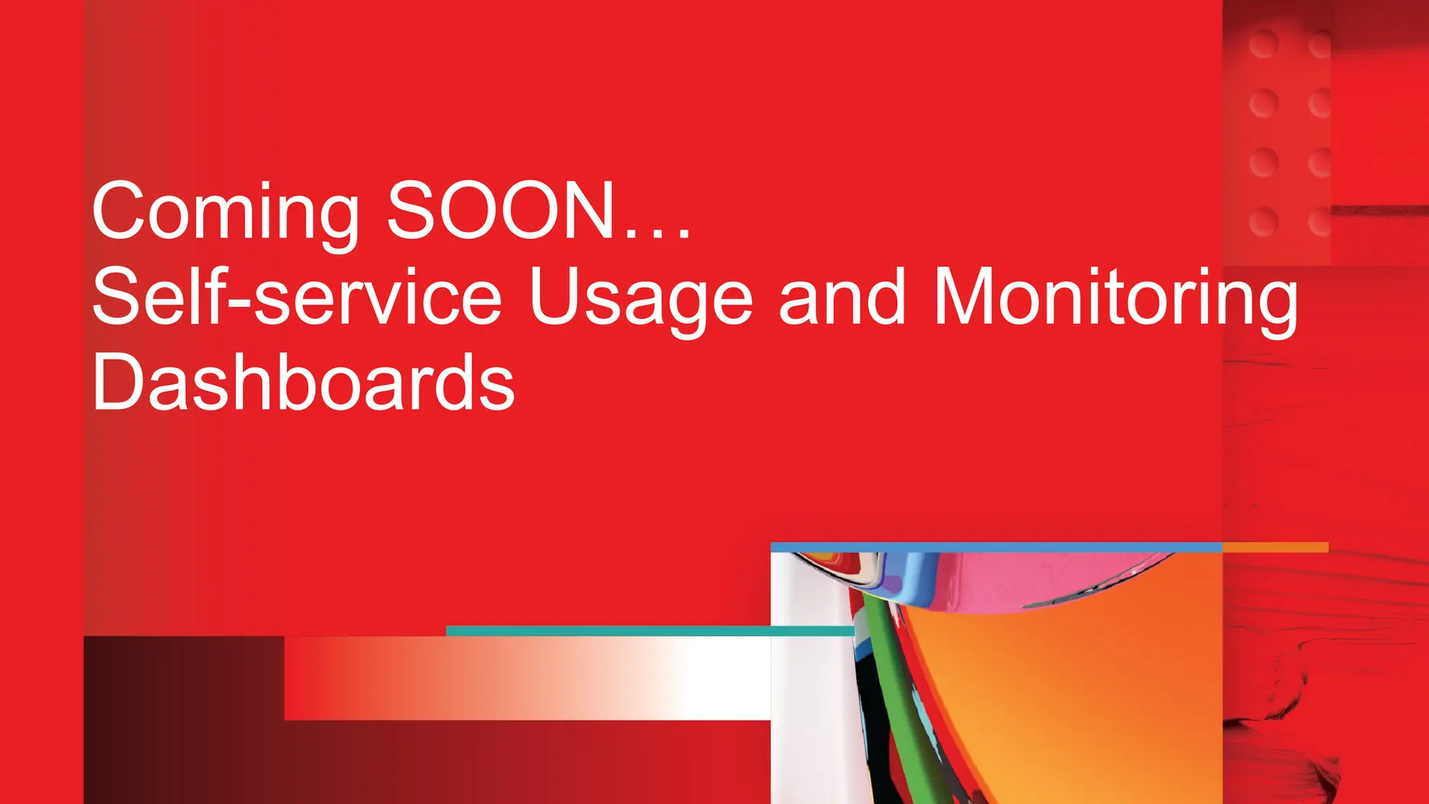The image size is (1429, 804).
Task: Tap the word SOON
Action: click(500, 210)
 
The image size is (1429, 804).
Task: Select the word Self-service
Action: click(297, 297)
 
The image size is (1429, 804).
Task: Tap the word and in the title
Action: click(841, 297)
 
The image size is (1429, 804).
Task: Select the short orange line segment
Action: click(1275, 547)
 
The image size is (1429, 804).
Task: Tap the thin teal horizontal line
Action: click(649, 631)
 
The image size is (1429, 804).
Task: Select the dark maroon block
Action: click(181, 719)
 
